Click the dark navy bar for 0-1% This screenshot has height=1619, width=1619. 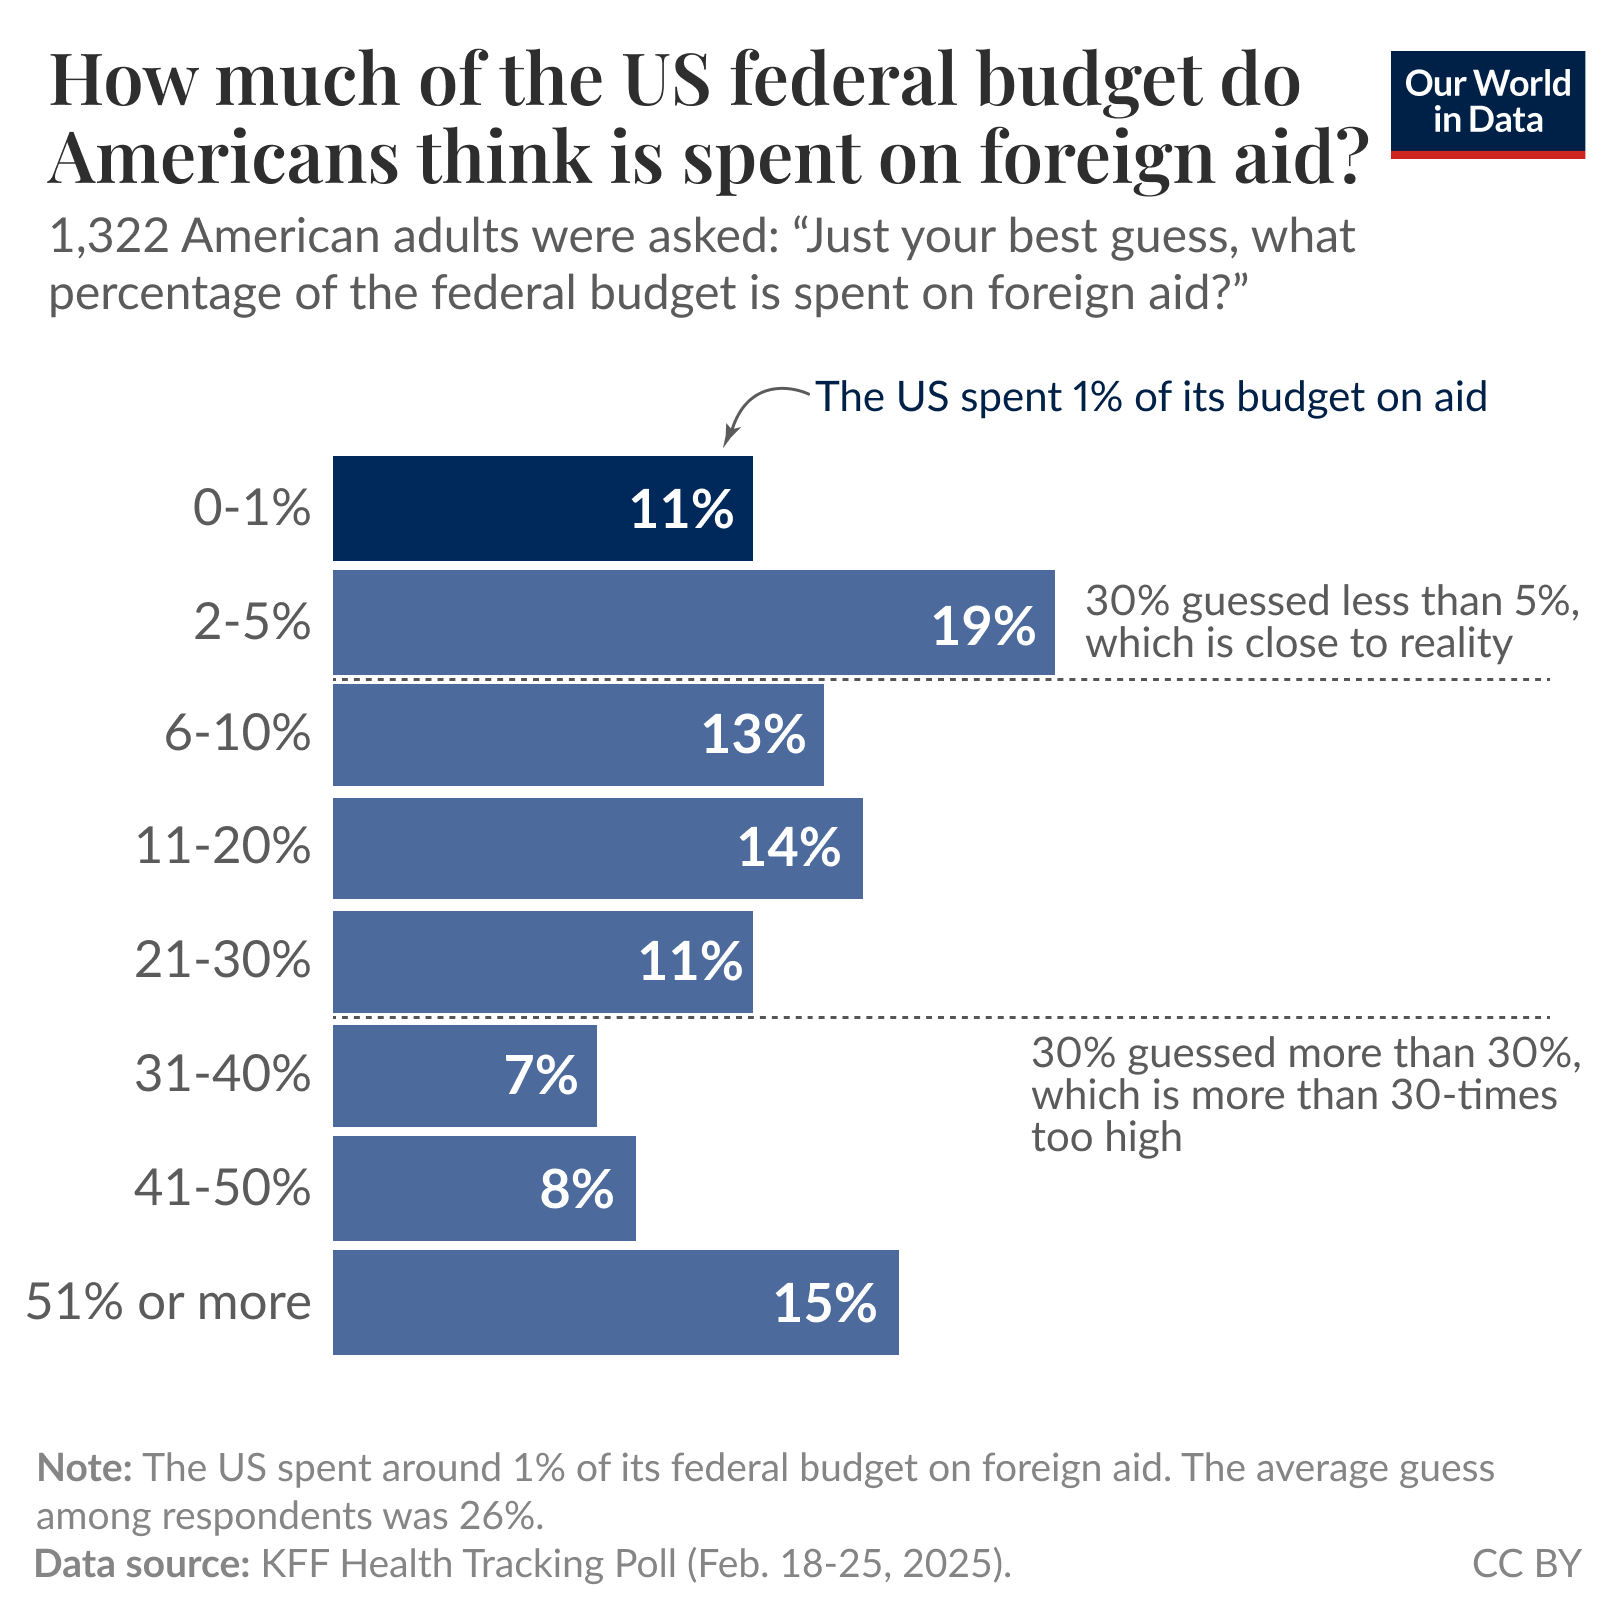(x=480, y=508)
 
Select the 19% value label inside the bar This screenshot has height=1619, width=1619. (x=983, y=626)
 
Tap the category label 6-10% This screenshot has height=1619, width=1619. (x=237, y=734)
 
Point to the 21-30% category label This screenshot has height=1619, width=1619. (x=222, y=961)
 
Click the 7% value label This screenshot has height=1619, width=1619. (x=540, y=1076)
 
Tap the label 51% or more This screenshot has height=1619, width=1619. (x=168, y=1303)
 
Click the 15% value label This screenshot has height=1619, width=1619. (x=824, y=1304)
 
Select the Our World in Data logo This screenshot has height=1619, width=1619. (x=1487, y=103)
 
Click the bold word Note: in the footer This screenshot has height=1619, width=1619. (x=84, y=1469)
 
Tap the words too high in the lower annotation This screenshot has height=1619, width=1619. (x=1106, y=1138)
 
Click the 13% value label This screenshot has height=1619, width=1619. (x=753, y=735)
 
